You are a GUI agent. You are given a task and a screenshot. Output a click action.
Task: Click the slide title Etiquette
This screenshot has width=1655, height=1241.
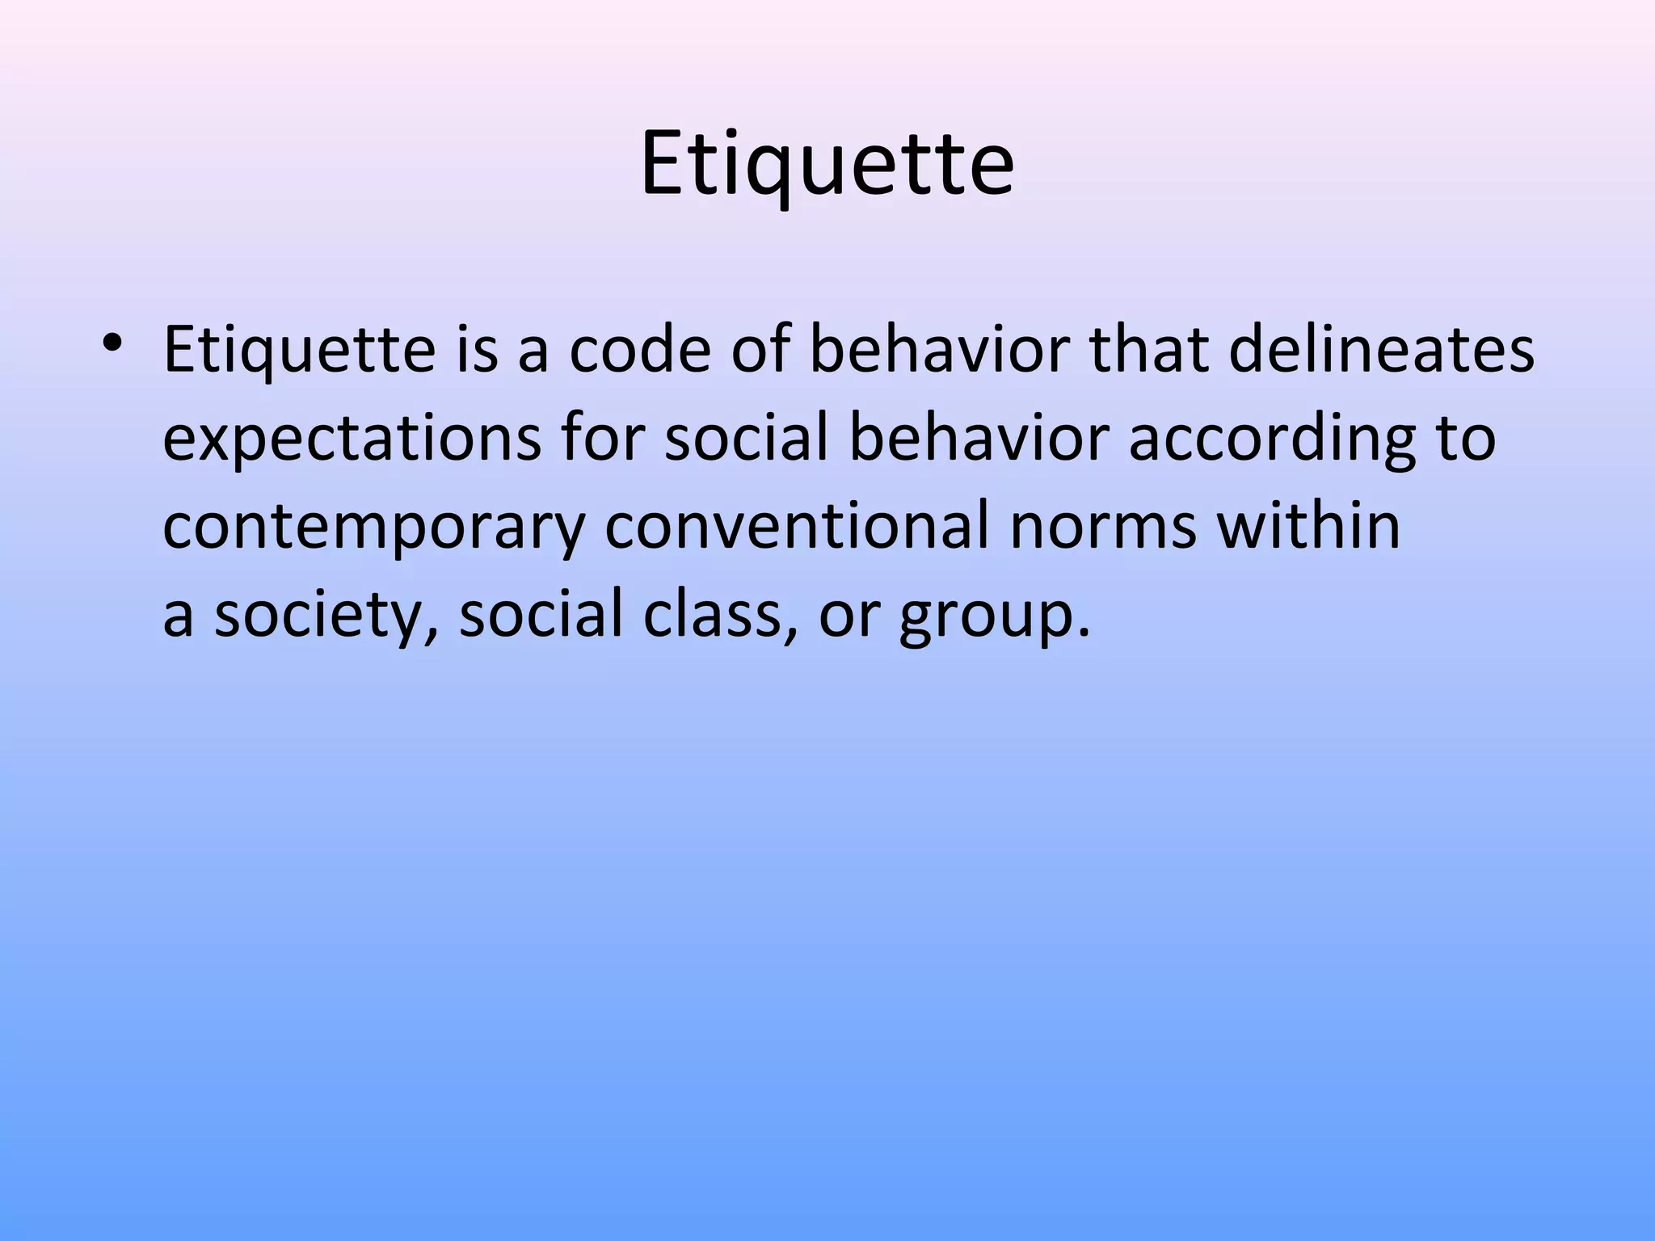[827, 165]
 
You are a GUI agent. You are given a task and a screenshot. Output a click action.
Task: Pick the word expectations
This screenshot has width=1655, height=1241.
[352, 440]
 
